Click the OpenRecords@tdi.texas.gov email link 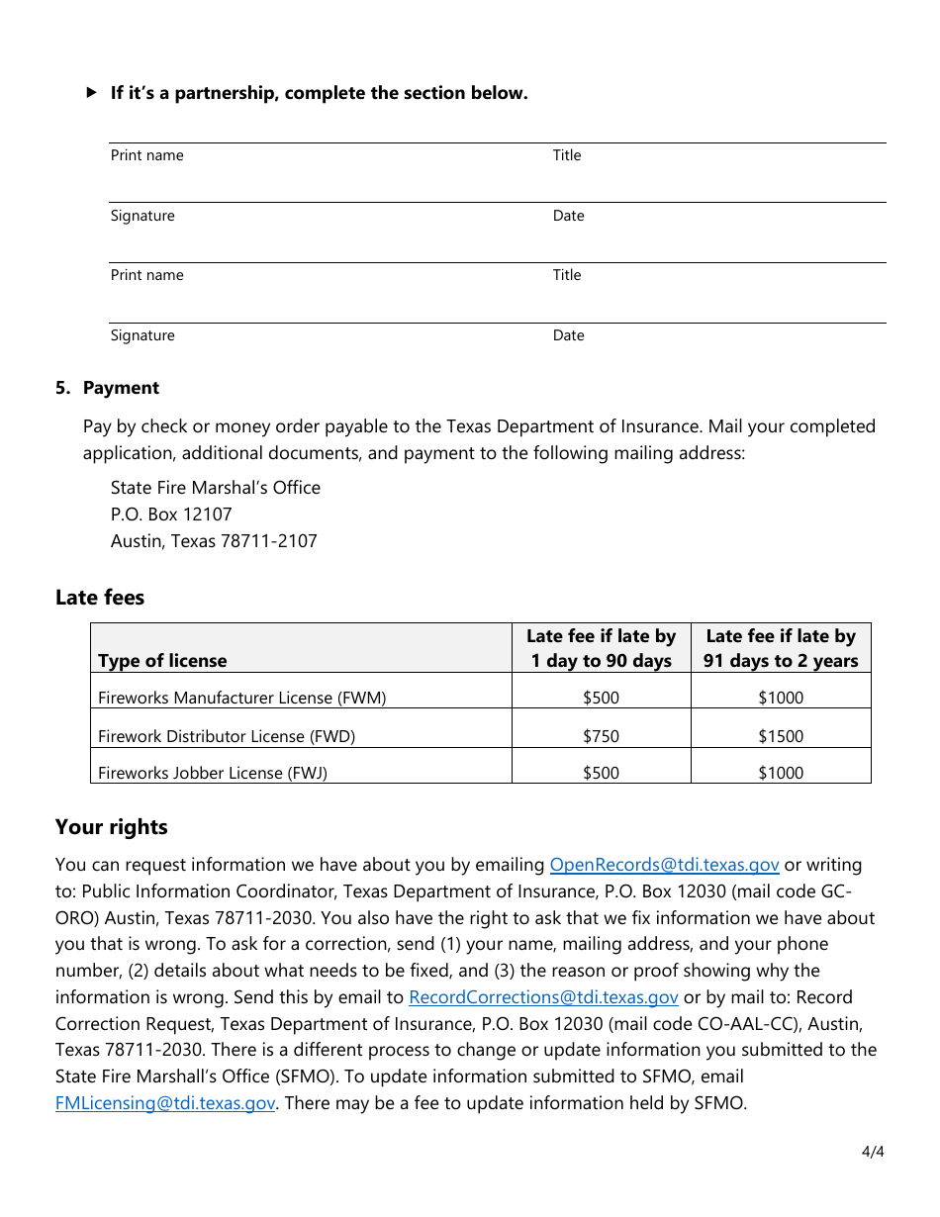pos(664,865)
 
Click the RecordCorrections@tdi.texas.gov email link pos(543,997)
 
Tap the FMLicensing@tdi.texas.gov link pos(165,1103)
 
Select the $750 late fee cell pos(601,736)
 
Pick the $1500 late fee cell pos(781,736)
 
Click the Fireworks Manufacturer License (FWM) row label pos(241,698)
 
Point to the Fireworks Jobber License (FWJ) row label pos(212,773)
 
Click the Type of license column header pos(162,661)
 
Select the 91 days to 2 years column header pos(781,649)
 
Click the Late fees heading pos(100,598)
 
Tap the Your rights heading pos(112,827)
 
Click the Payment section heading pos(121,388)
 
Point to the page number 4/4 pos(872,1152)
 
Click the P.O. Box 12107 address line pos(171,515)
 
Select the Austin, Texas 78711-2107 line pos(214,541)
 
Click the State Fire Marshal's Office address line pos(216,488)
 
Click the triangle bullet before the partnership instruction pos(92,93)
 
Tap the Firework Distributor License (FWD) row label pos(226,736)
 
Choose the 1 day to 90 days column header pos(601,649)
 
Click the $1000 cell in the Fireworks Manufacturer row pos(781,698)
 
